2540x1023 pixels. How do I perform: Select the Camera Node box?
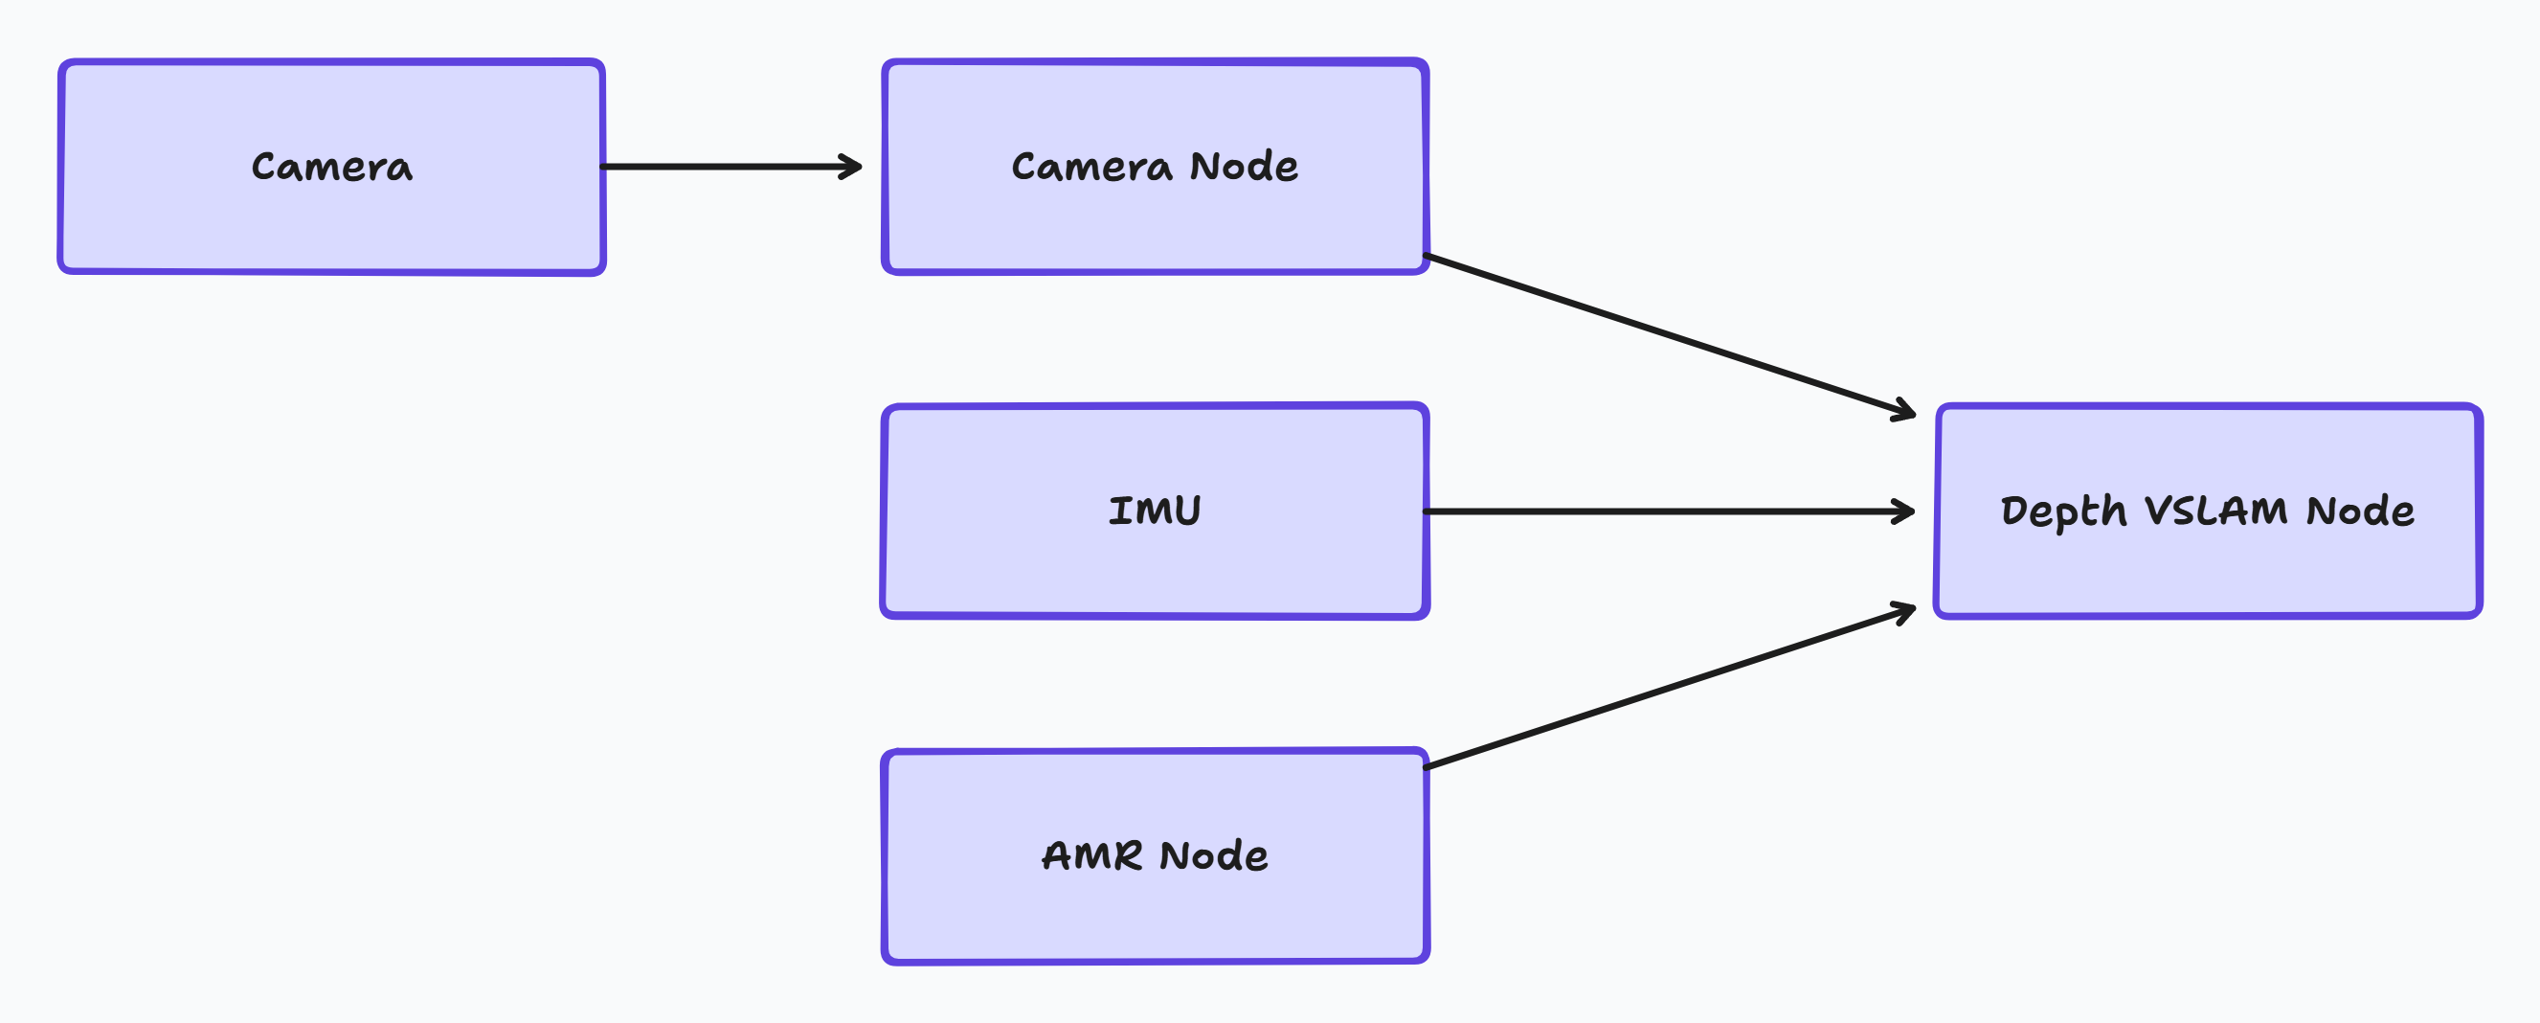(1155, 222)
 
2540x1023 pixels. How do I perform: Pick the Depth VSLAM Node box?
(2207, 567)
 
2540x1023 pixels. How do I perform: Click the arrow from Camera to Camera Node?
(730, 167)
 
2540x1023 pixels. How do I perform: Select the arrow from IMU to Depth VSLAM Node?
(1667, 511)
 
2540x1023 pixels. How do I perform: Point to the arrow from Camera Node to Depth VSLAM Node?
(1667, 334)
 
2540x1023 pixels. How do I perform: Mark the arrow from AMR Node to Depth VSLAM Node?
(1667, 689)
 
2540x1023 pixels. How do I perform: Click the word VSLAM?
(2214, 511)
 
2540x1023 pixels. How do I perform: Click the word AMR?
(1091, 855)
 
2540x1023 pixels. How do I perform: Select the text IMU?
(1155, 511)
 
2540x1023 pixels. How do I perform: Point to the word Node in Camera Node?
(1244, 167)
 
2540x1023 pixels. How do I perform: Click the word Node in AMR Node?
(1214, 855)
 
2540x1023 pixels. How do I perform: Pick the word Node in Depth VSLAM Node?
(2360, 511)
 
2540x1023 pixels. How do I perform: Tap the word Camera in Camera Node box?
(1091, 167)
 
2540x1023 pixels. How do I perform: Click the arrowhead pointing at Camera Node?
(853, 167)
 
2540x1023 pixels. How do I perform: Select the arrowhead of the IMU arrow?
(1905, 511)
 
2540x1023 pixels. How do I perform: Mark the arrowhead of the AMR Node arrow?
(1905, 612)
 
